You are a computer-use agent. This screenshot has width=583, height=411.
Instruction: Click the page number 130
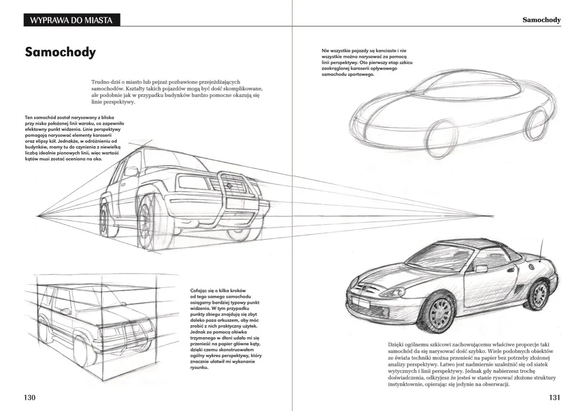[30, 397]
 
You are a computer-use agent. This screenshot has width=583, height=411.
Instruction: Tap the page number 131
[554, 397]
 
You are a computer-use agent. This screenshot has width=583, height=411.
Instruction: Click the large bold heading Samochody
[60, 52]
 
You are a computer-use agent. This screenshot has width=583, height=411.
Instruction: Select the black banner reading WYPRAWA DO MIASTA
[71, 20]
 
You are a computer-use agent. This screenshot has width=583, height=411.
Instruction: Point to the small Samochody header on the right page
[541, 20]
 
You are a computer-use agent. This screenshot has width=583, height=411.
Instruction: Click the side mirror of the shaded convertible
[481, 269]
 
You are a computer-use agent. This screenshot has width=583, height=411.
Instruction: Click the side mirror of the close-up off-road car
[131, 171]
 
